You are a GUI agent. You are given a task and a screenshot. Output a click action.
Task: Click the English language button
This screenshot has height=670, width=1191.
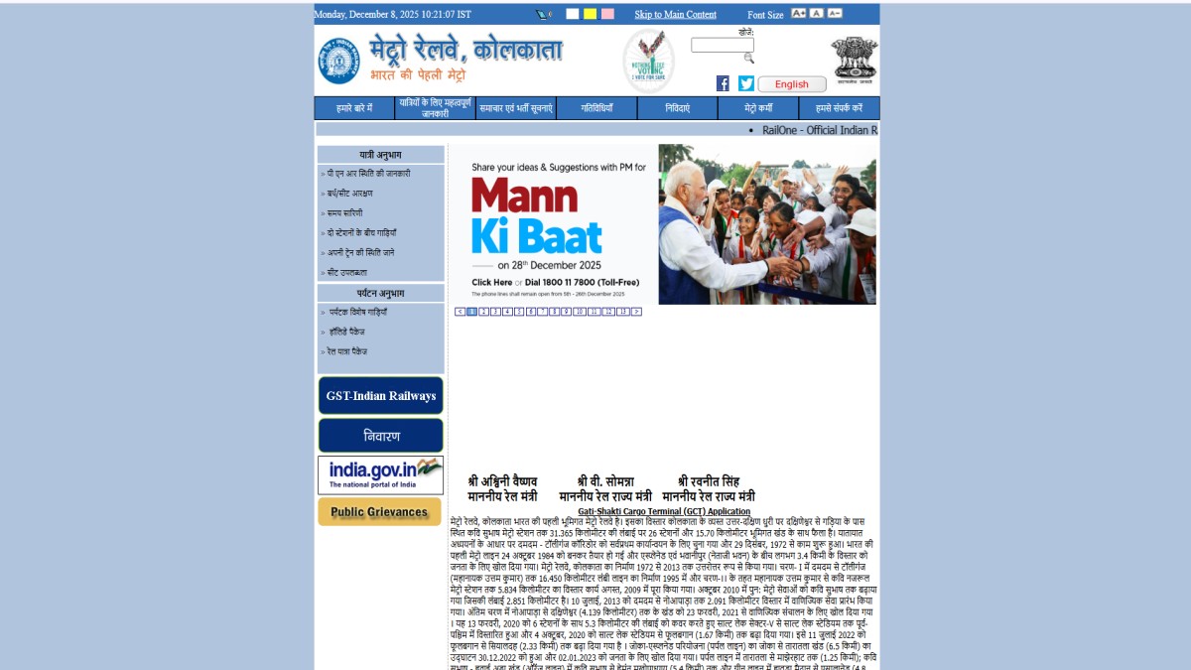[x=792, y=84]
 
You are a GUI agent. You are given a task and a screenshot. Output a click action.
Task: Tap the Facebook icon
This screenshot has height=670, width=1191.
[x=723, y=83]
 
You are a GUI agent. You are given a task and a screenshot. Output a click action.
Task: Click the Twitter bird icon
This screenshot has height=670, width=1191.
[x=746, y=83]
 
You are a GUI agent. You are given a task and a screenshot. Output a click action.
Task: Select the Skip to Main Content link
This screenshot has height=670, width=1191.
[x=675, y=15]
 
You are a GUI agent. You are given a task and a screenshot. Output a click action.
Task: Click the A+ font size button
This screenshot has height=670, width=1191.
[x=798, y=14]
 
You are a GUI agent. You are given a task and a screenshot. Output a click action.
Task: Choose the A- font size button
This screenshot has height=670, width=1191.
[x=835, y=14]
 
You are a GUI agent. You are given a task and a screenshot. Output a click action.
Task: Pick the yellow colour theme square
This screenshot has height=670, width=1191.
[x=590, y=14]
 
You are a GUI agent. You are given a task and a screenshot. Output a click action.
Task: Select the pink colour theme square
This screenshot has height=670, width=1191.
[x=607, y=14]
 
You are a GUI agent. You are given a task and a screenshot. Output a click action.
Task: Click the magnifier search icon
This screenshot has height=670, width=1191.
[x=748, y=59]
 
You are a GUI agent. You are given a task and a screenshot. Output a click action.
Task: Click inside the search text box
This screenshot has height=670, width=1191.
[x=722, y=45]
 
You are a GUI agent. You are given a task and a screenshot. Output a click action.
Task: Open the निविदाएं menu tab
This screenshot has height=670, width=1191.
[x=678, y=108]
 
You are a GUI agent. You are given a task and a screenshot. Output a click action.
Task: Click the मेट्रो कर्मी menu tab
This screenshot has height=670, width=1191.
[x=758, y=108]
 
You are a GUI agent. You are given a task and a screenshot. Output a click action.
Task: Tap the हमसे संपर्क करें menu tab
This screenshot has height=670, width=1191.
[x=839, y=108]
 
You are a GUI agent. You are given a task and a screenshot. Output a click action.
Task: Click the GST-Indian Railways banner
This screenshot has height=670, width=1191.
[x=380, y=396]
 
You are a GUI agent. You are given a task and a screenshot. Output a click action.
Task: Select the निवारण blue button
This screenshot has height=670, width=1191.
[x=380, y=436]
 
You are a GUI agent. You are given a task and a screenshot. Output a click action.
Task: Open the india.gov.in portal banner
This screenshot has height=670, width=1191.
[x=380, y=474]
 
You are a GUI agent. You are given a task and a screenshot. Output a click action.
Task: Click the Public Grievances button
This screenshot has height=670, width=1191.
[x=379, y=512]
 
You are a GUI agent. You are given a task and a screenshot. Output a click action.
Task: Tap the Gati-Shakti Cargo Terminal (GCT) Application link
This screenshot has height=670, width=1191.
[x=664, y=512]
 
